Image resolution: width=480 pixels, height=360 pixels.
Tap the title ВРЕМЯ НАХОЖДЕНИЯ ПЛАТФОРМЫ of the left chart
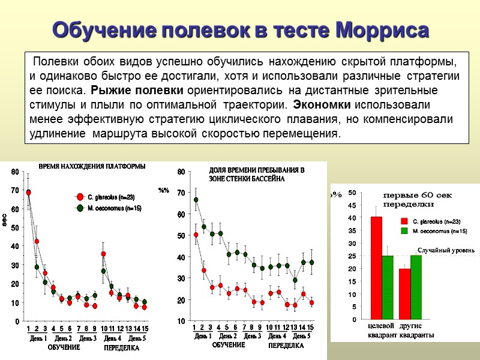pos(92,166)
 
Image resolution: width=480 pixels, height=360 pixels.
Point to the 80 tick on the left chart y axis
pos(14,173)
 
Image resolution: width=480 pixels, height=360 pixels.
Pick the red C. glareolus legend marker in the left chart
pos(80,197)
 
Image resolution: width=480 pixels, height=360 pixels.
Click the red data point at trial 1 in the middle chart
pos(196,235)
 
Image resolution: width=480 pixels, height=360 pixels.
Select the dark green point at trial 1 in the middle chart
pos(196,200)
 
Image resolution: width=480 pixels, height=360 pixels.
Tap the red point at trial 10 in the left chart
pos(103,254)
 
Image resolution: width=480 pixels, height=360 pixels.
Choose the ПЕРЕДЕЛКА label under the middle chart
pos(286,346)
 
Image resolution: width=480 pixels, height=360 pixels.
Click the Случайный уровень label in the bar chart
pos(446,250)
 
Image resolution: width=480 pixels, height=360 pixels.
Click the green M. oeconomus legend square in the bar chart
pos(404,230)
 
